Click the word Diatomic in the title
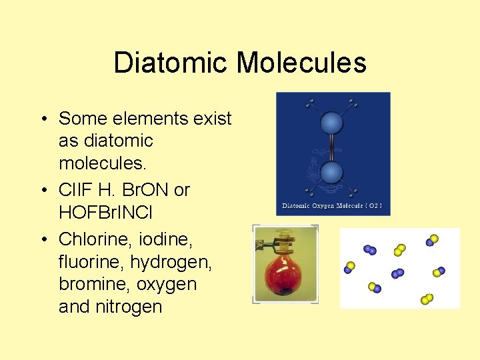coord(171,63)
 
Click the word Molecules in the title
coord(301,63)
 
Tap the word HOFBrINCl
coord(115,213)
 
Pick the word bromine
coord(93,284)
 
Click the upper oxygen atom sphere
coord(331,123)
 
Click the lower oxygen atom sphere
coord(331,173)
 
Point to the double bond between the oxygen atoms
coord(331,148)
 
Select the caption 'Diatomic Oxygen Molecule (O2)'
coord(332,206)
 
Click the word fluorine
coord(91,261)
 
